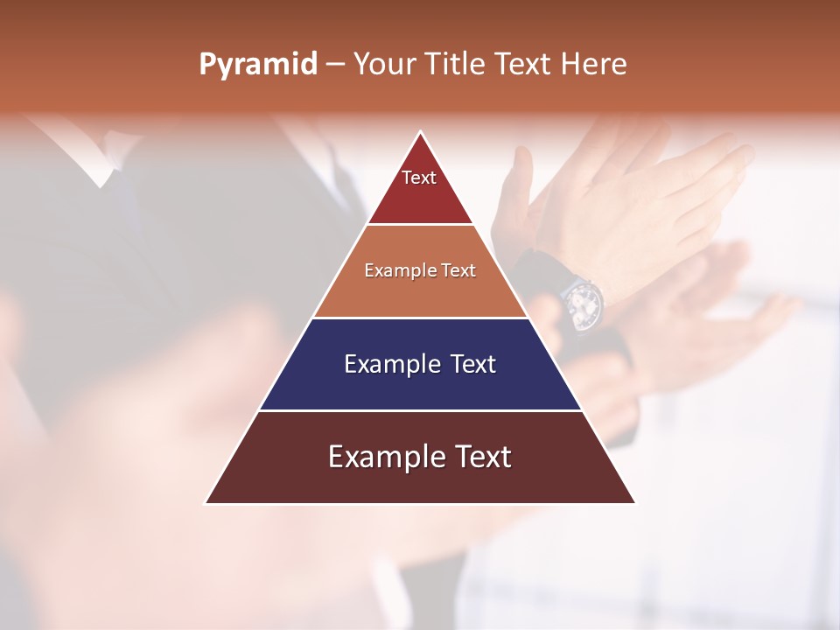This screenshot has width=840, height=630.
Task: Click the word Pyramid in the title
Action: pyautogui.click(x=258, y=65)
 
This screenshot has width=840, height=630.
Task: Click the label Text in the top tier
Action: pyautogui.click(x=419, y=178)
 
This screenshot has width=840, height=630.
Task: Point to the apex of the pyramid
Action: pyautogui.click(x=420, y=132)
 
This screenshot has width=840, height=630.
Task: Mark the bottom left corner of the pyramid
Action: pyautogui.click(x=206, y=503)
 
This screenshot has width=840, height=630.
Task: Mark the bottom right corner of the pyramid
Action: pyautogui.click(x=634, y=503)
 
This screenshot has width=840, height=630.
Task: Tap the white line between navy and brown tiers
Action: pyautogui.click(x=420, y=410)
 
